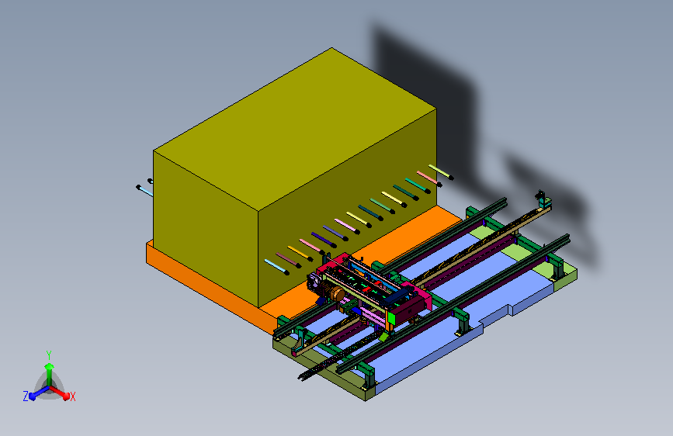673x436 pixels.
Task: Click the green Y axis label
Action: pyautogui.click(x=49, y=355)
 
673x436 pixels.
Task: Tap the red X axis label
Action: pyautogui.click(x=72, y=397)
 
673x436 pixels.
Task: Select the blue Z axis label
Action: pyautogui.click(x=26, y=396)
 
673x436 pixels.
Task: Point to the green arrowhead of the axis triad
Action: pyautogui.click(x=50, y=366)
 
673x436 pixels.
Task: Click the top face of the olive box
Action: pyautogui.click(x=295, y=129)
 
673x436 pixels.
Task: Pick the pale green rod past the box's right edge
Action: pyautogui.click(x=440, y=171)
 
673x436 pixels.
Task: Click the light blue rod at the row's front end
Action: pyautogui.click(x=276, y=267)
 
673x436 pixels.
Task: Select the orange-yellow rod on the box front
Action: pyautogui.click(x=300, y=253)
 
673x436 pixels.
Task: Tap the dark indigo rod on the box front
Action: pyautogui.click(x=324, y=240)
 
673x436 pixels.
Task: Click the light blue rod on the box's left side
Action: pyautogui.click(x=144, y=191)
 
